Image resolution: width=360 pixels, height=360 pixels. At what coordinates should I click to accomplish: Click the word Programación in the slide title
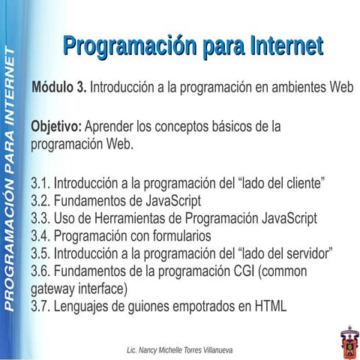pos(124,46)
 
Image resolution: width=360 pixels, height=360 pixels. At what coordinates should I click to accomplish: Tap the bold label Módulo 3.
pos(58,87)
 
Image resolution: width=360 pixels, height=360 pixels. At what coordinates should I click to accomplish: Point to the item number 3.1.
pos(40,182)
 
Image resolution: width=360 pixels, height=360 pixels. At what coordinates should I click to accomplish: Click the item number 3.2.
pos(40,200)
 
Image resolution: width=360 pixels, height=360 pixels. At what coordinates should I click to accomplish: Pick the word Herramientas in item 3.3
pos(133,218)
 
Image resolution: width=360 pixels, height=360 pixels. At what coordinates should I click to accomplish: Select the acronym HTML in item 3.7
pos(271,305)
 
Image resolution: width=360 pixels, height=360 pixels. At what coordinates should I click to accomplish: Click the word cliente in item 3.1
pos(296,182)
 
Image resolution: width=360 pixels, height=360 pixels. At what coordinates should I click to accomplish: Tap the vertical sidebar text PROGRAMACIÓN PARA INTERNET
pos(10,180)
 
